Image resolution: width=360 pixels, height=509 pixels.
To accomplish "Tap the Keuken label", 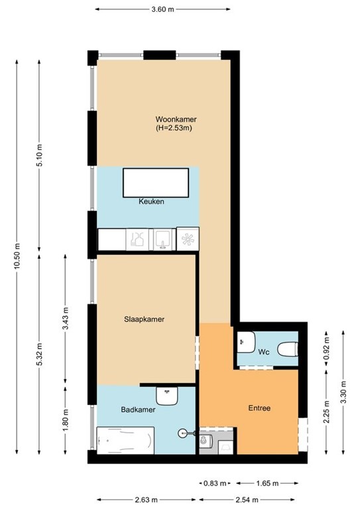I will [151, 201].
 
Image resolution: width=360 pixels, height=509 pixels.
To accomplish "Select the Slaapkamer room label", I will [144, 319].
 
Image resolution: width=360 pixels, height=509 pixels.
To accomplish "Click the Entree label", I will [259, 408].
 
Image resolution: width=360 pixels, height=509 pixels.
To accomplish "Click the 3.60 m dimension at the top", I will [162, 10].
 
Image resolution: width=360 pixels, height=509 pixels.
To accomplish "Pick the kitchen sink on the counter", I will [162, 237].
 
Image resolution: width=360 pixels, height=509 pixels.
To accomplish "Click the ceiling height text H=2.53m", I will [174, 129].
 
